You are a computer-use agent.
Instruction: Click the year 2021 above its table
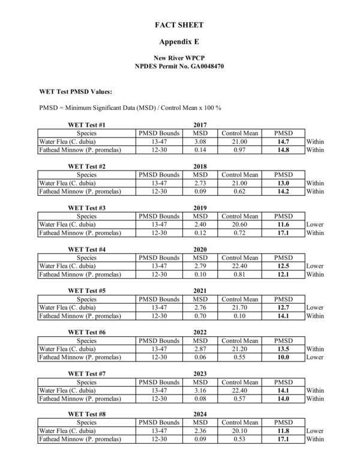(x=200, y=291)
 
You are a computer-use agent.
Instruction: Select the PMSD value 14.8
(x=283, y=150)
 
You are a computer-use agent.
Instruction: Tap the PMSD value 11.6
(x=283, y=225)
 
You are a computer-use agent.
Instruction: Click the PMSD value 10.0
(x=283, y=357)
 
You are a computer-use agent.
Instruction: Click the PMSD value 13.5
(x=283, y=349)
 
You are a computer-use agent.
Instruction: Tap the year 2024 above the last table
(x=200, y=415)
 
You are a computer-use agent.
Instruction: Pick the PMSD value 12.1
(x=283, y=274)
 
